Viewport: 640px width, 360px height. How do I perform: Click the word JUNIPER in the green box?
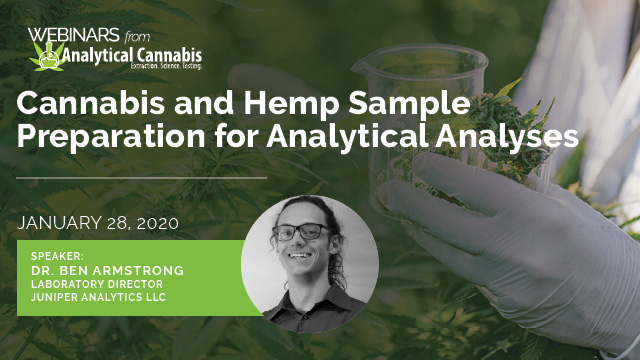[59, 297]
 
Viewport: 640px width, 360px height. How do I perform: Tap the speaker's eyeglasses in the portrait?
[301, 232]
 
